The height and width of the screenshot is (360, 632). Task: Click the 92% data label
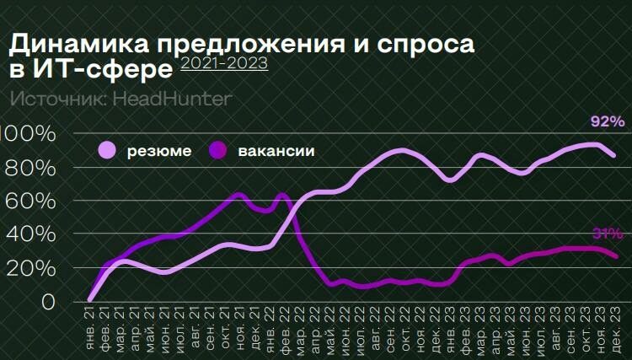click(x=607, y=122)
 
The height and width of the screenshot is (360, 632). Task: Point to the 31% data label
click(x=607, y=234)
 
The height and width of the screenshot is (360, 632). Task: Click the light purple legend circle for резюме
click(x=108, y=151)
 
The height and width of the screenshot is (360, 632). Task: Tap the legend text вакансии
click(x=276, y=152)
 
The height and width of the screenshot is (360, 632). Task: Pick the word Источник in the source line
click(x=51, y=99)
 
